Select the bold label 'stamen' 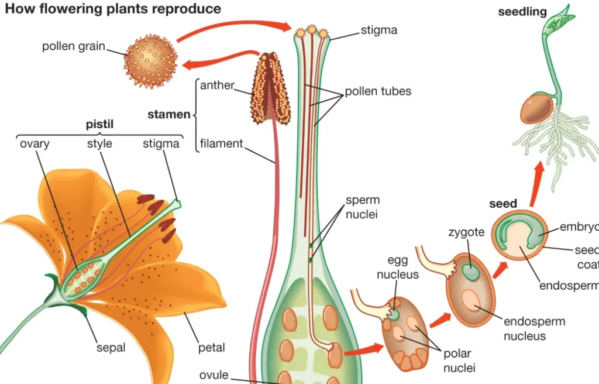[x=169, y=114]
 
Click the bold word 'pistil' [x=99, y=124]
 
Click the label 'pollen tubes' [x=377, y=91]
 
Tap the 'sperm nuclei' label [x=362, y=207]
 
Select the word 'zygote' [x=466, y=232]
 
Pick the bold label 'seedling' [x=522, y=12]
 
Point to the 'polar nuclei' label [x=459, y=361]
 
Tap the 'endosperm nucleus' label [x=534, y=328]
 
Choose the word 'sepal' [x=111, y=348]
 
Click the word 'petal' [x=211, y=348]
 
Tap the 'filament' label [x=221, y=143]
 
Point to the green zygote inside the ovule [x=469, y=272]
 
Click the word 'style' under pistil [x=99, y=143]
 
